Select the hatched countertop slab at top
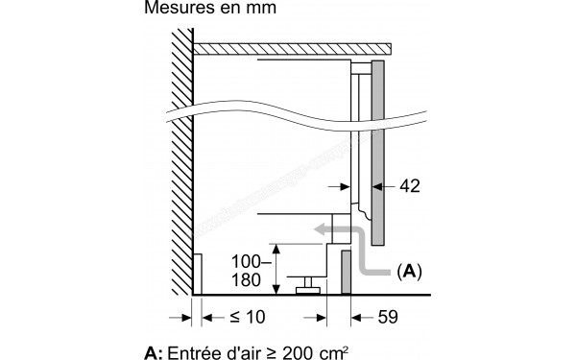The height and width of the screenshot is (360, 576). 292,47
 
